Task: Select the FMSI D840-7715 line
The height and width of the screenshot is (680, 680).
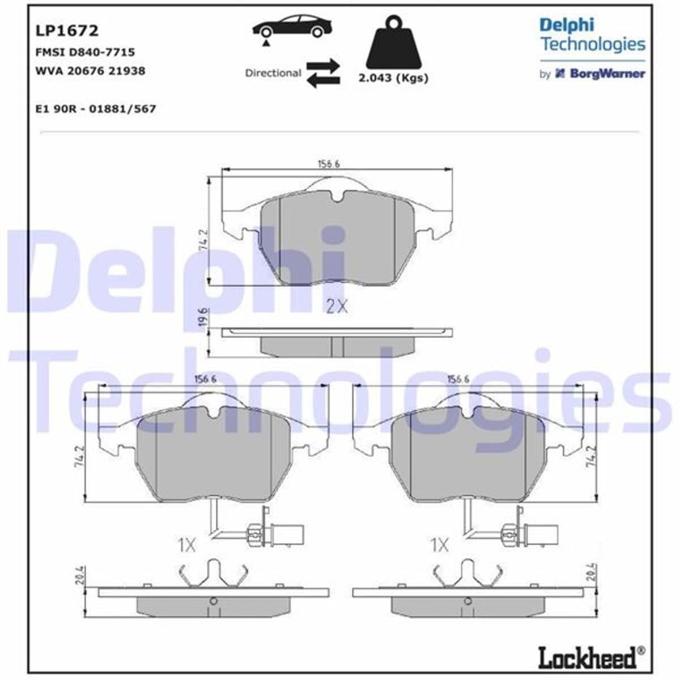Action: [84, 52]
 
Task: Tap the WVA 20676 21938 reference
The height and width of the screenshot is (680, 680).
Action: [90, 71]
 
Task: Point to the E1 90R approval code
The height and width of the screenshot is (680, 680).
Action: [95, 109]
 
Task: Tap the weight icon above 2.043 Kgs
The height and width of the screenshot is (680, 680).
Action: [394, 43]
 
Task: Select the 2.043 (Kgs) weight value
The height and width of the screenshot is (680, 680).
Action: [393, 78]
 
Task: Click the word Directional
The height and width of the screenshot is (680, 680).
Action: [273, 73]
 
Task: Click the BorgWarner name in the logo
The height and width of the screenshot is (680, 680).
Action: [606, 74]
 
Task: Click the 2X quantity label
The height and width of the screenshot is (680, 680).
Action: [337, 307]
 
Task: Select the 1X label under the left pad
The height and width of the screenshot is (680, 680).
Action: [186, 546]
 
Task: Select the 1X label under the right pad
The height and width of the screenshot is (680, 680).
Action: [440, 546]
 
